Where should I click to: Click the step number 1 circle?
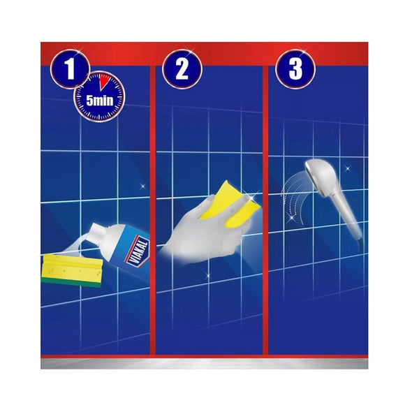69,69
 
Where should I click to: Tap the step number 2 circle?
182,69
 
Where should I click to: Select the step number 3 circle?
295,69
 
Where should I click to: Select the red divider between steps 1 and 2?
153,209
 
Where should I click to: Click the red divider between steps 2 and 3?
265,209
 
